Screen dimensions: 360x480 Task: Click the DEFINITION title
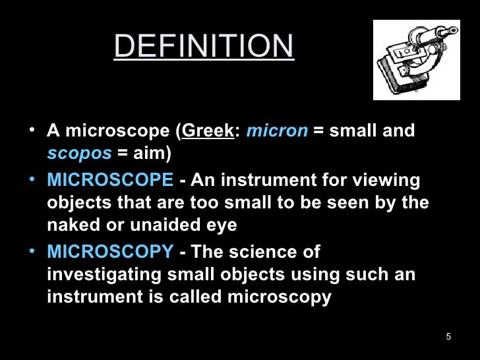[x=204, y=46]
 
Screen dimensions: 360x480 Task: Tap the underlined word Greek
[x=208, y=131]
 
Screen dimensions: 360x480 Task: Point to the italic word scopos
[x=79, y=153]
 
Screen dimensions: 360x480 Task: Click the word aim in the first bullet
[x=150, y=153]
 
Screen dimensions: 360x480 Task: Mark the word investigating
[x=106, y=274]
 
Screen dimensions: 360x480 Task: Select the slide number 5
[x=448, y=338]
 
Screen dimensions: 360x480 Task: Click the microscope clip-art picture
[x=417, y=60]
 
